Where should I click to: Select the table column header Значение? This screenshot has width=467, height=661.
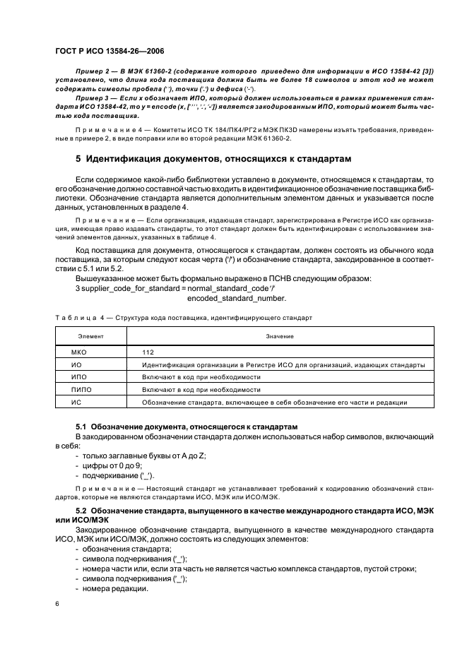pos(280,336)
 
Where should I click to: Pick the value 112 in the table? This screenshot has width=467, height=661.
pos(148,352)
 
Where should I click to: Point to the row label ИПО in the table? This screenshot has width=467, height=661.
pos(79,377)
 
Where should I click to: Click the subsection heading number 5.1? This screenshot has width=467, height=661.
pos(81,427)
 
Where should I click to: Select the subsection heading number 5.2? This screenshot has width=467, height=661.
pos(81,510)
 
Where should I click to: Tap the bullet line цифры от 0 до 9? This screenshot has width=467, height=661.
pos(112,467)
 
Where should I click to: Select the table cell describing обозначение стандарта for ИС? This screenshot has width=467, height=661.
pos(274,403)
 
